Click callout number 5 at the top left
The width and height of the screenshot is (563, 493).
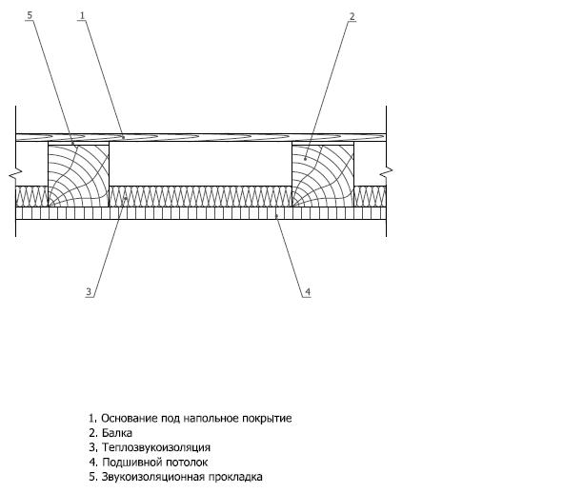click(30, 15)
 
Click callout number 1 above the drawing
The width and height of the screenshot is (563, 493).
click(82, 15)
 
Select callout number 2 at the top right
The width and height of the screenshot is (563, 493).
click(352, 16)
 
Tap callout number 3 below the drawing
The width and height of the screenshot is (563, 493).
click(89, 292)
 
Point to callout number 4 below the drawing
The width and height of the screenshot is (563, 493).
click(308, 292)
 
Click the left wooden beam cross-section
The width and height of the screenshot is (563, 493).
click(79, 175)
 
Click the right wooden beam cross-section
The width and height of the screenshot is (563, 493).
click(323, 175)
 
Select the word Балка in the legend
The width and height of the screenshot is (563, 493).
click(117, 433)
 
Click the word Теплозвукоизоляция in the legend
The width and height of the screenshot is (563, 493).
click(156, 447)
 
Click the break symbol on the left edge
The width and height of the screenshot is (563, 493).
click(15, 172)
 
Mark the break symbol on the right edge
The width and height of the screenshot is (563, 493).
click(387, 172)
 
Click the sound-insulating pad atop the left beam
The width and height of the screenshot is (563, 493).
click(79, 143)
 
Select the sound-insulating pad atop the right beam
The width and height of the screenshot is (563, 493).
click(323, 143)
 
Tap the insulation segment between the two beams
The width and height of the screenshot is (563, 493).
click(201, 196)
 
